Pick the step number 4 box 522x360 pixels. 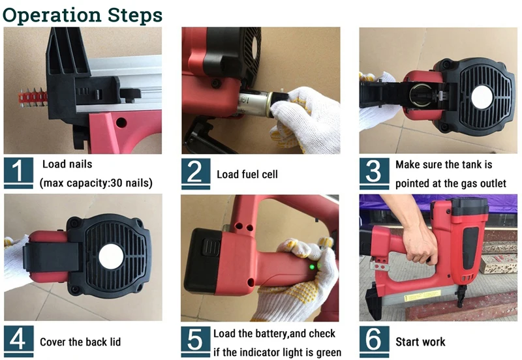pyautogui.click(x=19, y=340)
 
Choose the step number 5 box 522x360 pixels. pyautogui.click(x=196, y=340)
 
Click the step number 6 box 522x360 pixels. pyautogui.click(x=374, y=340)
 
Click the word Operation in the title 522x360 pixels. pyautogui.click(x=52, y=16)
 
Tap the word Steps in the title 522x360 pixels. pyautogui.click(x=135, y=16)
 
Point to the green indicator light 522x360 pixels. pyautogui.click(x=313, y=267)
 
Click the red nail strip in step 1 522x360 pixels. pyautogui.click(x=33, y=99)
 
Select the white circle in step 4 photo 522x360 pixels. pyautogui.click(x=111, y=256)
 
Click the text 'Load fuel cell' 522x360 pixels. pyautogui.click(x=247, y=174)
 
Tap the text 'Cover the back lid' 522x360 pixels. pyautogui.click(x=80, y=342)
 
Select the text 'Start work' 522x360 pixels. pyautogui.click(x=420, y=342)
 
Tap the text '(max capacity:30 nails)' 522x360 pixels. pyautogui.click(x=96, y=183)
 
